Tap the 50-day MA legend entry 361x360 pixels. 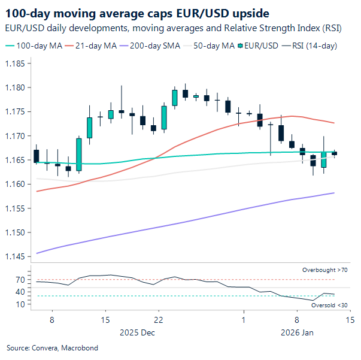211,46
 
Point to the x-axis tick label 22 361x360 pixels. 157,320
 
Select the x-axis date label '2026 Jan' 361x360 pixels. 296,331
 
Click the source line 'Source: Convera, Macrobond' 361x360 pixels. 52,348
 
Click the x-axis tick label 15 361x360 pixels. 105,320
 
